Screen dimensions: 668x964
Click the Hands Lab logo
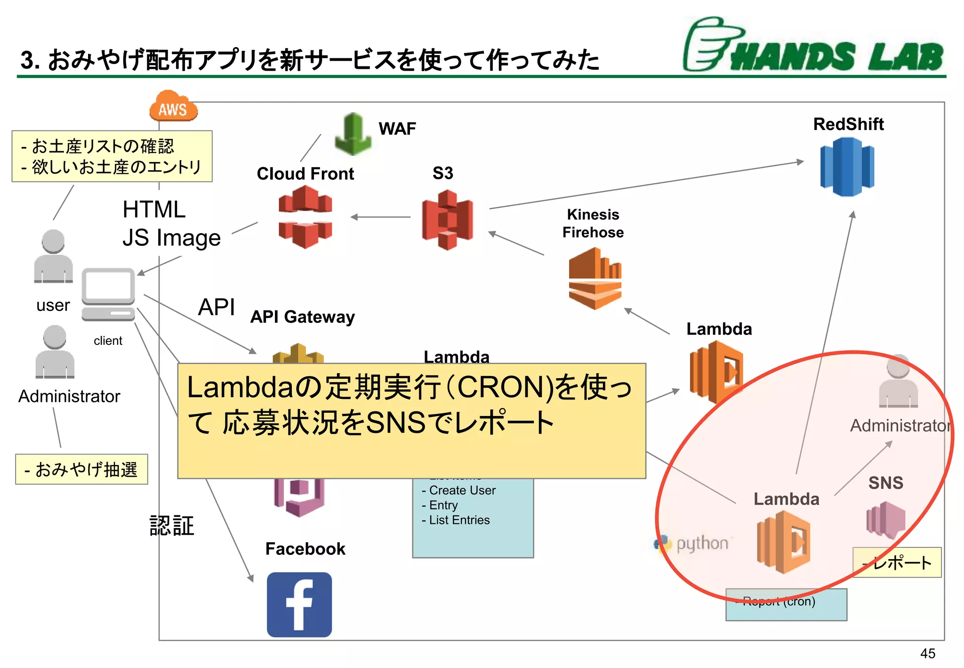point(813,46)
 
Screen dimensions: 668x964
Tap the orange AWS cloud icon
point(173,107)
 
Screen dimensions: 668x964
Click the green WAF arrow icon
point(353,134)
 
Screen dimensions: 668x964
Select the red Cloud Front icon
point(305,217)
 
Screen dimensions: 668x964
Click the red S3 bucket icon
point(447,220)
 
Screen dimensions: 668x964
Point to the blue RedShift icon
point(847,166)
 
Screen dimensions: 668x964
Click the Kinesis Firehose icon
point(594,279)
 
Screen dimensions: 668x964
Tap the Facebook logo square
point(299,604)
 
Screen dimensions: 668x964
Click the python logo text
point(701,544)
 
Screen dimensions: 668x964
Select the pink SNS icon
point(885,520)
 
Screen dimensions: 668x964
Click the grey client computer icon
point(108,295)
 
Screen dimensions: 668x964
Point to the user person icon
point(53,257)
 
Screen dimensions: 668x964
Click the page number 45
point(927,653)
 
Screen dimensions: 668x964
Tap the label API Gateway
point(302,317)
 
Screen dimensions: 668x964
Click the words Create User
point(462,490)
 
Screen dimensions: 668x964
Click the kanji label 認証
point(172,526)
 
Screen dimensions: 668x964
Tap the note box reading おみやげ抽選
point(81,470)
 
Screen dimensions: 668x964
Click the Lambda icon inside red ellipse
point(783,542)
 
